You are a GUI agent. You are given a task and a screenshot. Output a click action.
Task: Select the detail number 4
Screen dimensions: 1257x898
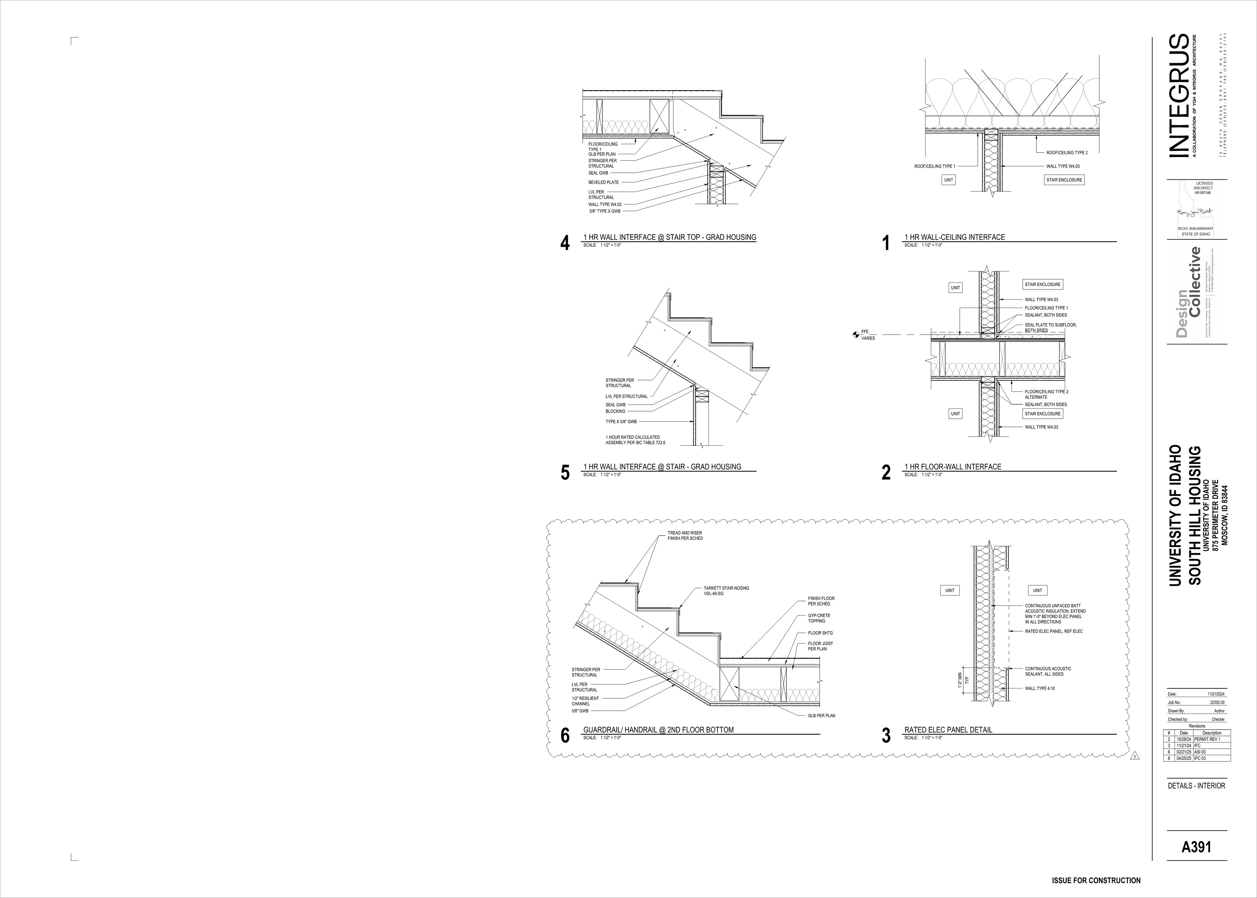564,243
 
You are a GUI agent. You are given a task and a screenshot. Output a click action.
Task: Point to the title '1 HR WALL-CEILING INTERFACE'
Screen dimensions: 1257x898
955,237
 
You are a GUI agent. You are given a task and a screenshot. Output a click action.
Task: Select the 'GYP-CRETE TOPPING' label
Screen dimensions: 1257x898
819,618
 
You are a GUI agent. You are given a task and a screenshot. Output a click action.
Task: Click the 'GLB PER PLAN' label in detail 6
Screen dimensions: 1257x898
821,716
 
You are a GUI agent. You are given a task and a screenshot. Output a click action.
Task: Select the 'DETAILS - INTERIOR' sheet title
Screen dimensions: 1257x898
1196,786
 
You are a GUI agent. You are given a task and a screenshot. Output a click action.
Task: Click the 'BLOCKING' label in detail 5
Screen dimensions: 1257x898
615,412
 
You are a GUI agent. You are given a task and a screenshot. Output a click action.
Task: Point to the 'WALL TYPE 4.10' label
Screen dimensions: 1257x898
1040,688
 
